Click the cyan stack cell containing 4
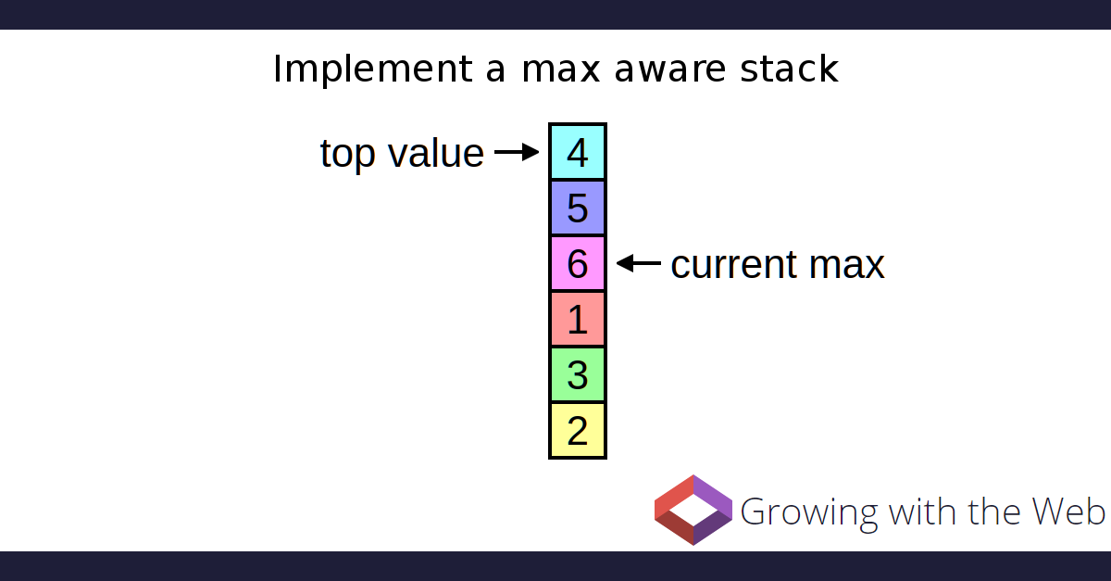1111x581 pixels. pyautogui.click(x=578, y=152)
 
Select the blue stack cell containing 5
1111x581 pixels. pyautogui.click(x=578, y=208)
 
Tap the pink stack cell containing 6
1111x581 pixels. pyautogui.click(x=578, y=263)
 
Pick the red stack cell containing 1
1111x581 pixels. pyautogui.click(x=578, y=319)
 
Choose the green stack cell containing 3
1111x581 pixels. pyautogui.click(x=578, y=374)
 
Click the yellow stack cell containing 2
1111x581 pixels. pyautogui.click(x=578, y=430)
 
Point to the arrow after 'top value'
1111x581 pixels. pyautogui.click(x=517, y=152)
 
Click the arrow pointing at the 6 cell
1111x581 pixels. pyautogui.click(x=638, y=263)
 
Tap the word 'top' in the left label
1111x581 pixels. pyautogui.click(x=347, y=155)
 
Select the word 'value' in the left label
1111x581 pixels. pyautogui.click(x=436, y=153)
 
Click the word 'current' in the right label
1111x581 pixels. pyautogui.click(x=734, y=264)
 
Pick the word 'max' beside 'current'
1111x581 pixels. pyautogui.click(x=846, y=266)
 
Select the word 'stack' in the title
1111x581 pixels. pyautogui.click(x=789, y=68)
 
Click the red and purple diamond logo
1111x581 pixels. pyautogui.click(x=693, y=510)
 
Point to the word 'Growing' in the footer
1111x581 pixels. pyautogui.click(x=809, y=513)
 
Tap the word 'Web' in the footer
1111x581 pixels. pyautogui.click(x=1068, y=511)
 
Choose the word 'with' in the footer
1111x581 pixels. pyautogui.click(x=922, y=511)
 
